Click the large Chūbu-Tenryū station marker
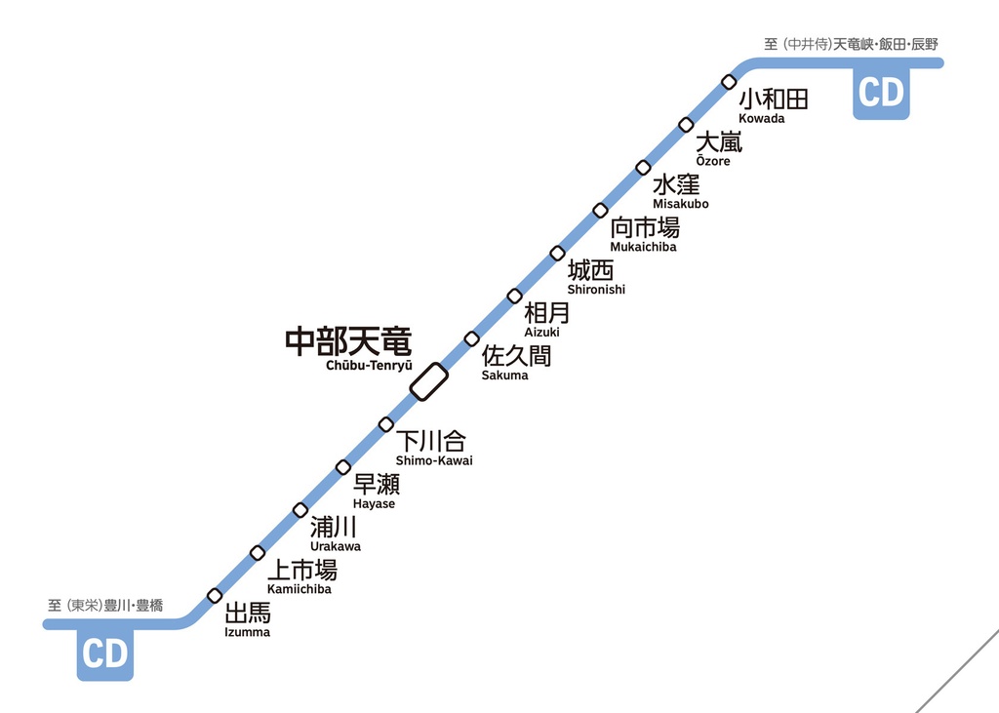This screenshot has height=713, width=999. (428, 381)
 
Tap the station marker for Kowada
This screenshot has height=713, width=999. (729, 81)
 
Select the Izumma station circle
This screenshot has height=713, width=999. (215, 595)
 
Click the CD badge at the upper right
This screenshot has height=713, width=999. (881, 94)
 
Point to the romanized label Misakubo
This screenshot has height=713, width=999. (681, 204)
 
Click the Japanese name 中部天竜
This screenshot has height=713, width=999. (348, 341)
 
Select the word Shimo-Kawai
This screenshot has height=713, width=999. (434, 460)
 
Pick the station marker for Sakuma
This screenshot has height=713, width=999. (471, 338)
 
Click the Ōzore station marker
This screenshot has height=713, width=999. (686, 124)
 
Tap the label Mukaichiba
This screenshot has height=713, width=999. (643, 247)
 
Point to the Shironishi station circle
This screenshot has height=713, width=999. (557, 253)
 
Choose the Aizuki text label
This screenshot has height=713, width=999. (541, 333)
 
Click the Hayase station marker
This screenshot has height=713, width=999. (343, 466)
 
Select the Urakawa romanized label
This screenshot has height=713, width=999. (335, 546)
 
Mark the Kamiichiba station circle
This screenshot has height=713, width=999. (258, 552)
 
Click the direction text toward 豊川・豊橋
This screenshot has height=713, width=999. (105, 606)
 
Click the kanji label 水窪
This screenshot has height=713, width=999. (676, 184)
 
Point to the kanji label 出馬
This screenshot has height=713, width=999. (248, 614)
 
